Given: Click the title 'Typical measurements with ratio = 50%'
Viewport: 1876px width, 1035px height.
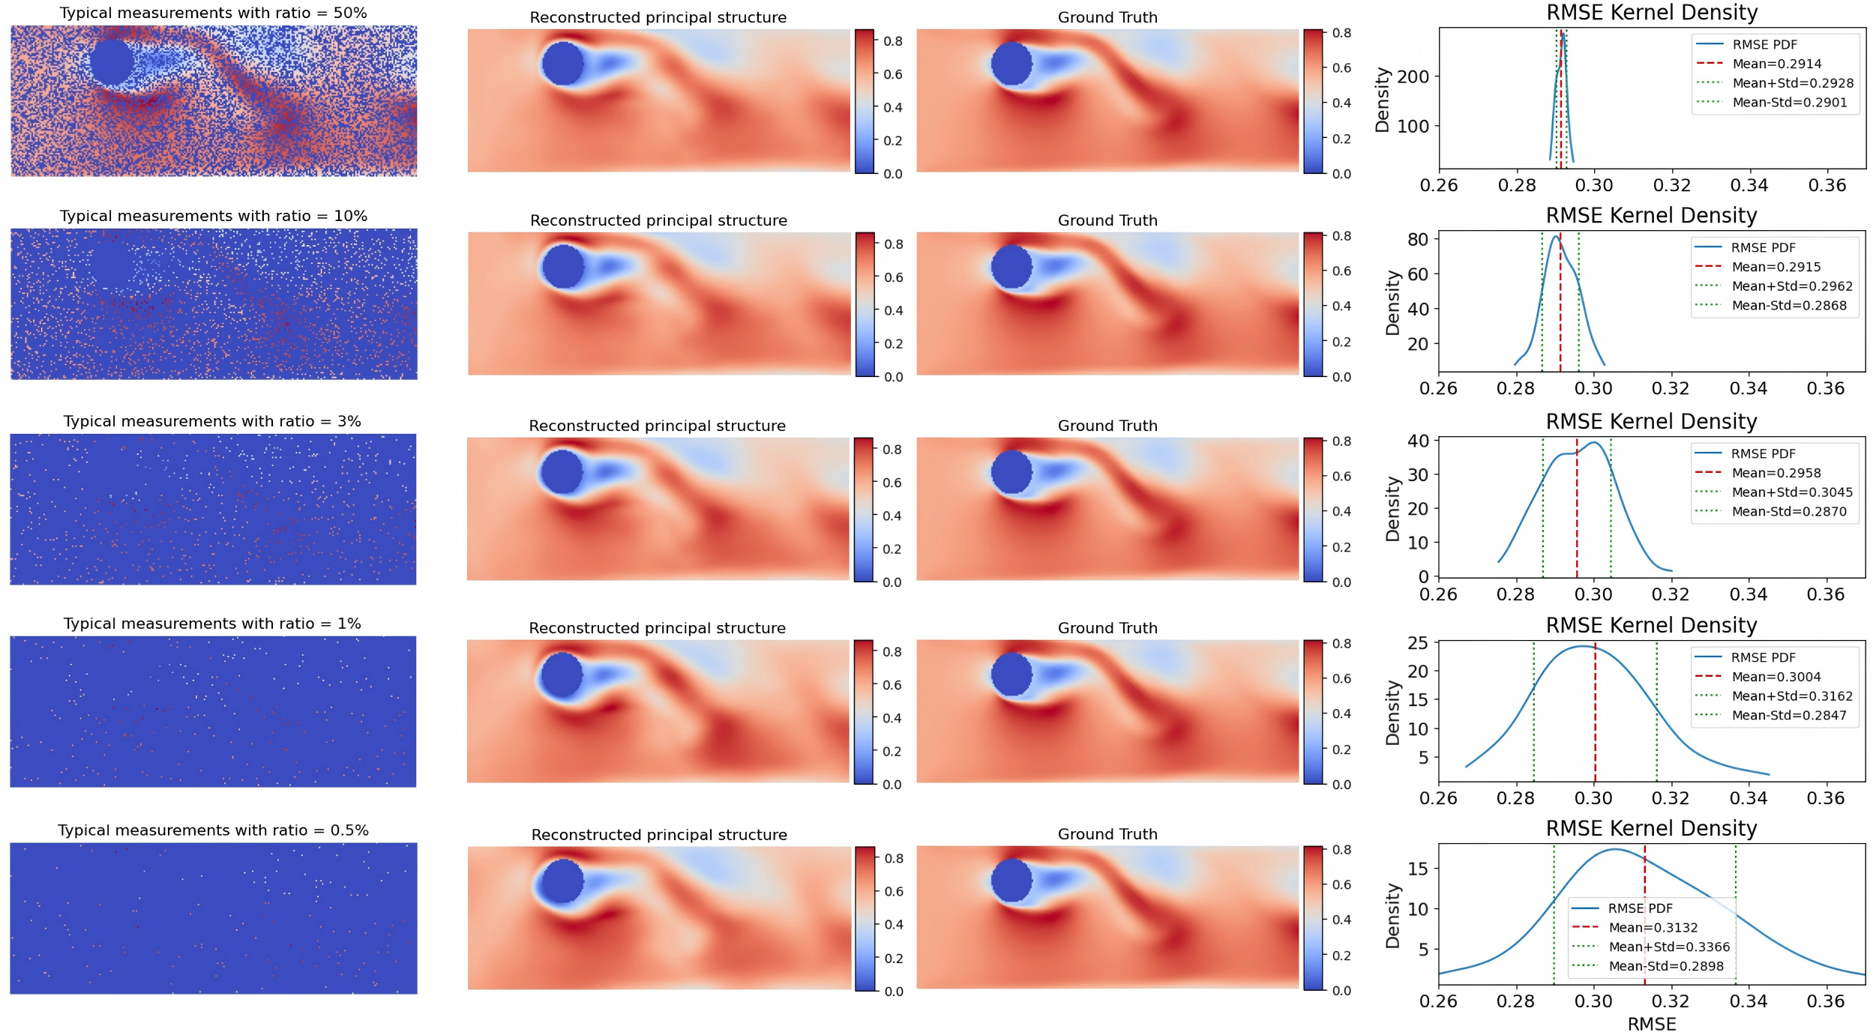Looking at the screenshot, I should (213, 13).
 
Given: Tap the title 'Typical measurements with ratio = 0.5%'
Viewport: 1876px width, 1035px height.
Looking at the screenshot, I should (213, 830).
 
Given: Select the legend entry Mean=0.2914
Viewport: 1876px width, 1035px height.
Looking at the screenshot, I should (1776, 64).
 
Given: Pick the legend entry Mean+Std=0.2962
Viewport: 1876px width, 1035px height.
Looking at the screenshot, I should (1791, 286).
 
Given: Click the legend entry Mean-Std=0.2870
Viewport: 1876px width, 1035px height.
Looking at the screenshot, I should (1788, 512).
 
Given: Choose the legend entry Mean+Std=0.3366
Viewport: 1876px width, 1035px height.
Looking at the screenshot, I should (1669, 947).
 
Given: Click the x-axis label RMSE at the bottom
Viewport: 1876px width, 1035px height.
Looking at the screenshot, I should (1651, 1024).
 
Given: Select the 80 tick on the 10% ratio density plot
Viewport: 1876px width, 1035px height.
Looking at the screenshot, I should (1417, 240).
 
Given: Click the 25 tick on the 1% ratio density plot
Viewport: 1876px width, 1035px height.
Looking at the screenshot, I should (1417, 643).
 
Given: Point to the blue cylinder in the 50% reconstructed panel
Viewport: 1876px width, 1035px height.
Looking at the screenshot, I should (562, 64).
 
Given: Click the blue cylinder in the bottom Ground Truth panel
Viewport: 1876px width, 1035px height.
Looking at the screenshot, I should (1011, 880).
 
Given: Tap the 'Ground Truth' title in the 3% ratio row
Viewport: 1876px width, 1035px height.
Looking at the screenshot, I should (1107, 426).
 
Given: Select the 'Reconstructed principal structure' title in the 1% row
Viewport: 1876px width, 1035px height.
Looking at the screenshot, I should (657, 628).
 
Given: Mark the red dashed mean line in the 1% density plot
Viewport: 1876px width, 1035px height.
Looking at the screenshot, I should (1595, 712).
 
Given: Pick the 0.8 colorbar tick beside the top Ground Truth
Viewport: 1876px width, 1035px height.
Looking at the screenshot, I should (1341, 33).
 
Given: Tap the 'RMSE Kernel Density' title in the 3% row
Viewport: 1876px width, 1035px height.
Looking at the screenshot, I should (1651, 422).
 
